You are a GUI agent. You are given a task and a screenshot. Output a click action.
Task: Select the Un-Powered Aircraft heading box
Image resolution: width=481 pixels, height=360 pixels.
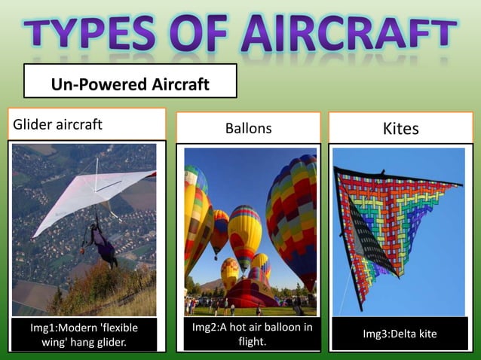click(x=130, y=81)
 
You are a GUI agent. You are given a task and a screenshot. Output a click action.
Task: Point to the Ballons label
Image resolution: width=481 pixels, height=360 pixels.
click(x=248, y=129)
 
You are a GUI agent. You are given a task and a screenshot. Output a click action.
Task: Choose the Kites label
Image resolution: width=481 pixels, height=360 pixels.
click(x=400, y=129)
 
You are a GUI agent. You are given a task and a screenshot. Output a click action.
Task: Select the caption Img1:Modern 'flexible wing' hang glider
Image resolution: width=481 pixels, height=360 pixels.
click(x=84, y=334)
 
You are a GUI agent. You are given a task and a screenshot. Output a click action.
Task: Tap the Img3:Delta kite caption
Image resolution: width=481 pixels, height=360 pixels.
click(x=400, y=334)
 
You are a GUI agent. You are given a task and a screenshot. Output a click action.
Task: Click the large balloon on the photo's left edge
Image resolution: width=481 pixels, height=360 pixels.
click(x=196, y=218)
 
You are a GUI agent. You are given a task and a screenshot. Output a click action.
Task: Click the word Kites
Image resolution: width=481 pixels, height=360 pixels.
click(x=400, y=129)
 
